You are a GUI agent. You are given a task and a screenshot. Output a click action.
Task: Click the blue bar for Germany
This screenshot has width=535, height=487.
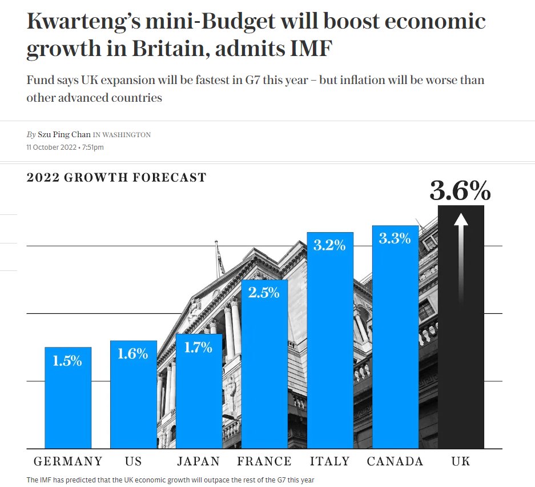[68, 398]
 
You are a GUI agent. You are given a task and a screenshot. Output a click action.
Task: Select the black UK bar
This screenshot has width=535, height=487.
[461, 327]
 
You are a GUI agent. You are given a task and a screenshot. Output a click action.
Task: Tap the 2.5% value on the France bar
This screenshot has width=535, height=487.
[264, 293]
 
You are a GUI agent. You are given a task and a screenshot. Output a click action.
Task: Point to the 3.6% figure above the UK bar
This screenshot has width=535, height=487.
[460, 190]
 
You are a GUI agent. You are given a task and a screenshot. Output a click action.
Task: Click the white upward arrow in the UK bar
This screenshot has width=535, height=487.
[461, 258]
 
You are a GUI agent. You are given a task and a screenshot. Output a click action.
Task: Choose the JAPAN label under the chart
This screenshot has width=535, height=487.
[199, 461]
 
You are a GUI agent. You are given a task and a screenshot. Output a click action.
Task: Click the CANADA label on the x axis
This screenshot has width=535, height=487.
[395, 461]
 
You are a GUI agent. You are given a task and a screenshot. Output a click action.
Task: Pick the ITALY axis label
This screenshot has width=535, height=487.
[329, 461]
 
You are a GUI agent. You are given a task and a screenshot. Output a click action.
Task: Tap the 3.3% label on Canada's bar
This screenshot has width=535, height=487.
[395, 238]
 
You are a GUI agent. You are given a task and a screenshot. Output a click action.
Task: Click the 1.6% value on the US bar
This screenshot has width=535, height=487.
[132, 354]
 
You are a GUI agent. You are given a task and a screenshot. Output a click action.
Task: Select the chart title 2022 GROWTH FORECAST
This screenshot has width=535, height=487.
[116, 177]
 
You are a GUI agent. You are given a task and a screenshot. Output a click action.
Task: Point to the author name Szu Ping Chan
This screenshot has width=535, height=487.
[64, 134]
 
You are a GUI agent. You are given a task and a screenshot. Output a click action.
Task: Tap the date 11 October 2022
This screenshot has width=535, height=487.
[51, 147]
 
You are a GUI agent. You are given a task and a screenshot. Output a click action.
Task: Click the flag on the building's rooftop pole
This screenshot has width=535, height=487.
[220, 261]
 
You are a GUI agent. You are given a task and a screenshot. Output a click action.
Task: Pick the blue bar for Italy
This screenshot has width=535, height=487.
[330, 341]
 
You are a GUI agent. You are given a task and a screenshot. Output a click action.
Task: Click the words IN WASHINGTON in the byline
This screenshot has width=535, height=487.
[122, 135]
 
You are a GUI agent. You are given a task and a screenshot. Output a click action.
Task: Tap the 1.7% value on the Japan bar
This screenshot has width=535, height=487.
[198, 348]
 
